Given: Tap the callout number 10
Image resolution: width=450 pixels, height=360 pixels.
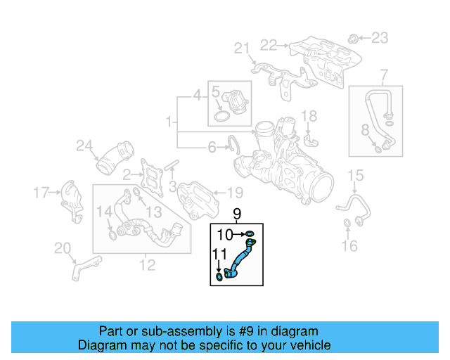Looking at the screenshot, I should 224,234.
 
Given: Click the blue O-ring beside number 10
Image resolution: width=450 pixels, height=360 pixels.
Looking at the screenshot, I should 251,234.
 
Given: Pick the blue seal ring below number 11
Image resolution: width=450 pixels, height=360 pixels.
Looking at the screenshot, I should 219,278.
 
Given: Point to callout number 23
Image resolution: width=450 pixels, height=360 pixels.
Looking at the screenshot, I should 379,37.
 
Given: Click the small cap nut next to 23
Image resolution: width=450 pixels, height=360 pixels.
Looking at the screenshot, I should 355,37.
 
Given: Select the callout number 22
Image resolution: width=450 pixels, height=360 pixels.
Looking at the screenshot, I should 269,45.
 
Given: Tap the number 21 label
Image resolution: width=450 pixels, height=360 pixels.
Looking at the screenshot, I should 242,48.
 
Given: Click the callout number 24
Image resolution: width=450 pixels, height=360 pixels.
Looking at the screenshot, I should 84,146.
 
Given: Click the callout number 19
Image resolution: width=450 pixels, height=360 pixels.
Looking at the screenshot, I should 234,192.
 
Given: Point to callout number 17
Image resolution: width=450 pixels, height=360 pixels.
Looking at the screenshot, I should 42,191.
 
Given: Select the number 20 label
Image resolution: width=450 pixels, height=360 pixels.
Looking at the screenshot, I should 63,247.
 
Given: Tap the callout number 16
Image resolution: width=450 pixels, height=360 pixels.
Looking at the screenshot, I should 349,245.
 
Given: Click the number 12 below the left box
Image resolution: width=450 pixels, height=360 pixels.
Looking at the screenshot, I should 147,265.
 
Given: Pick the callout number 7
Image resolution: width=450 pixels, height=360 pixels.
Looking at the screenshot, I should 384,75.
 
